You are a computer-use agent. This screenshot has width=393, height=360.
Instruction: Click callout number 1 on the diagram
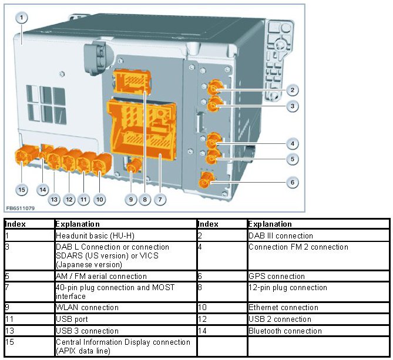coord(22,18)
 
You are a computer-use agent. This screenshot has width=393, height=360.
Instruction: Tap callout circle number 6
coord(292,182)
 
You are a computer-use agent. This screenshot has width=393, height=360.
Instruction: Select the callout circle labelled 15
coord(22,190)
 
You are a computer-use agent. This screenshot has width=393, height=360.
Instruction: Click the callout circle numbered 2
coord(292,90)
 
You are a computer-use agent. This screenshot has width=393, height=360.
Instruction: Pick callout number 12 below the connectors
coord(69,200)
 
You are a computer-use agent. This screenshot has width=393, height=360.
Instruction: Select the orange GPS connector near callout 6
coord(206,181)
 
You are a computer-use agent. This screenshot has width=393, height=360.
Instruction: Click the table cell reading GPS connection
coord(276,276)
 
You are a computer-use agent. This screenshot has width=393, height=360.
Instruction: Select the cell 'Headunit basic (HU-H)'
coord(88,235)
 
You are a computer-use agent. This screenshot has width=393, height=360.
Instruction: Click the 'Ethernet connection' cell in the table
coord(283,307)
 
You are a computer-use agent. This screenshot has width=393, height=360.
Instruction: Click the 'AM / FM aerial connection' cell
coord(100,276)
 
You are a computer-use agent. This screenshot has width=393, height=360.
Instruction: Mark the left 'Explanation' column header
coord(77,224)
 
